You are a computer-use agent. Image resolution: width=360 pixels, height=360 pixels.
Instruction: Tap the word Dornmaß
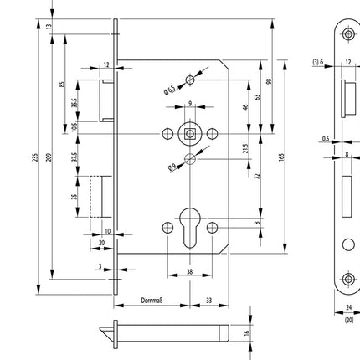[x=151, y=300]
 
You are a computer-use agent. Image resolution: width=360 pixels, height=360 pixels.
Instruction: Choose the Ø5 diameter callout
[x=172, y=165]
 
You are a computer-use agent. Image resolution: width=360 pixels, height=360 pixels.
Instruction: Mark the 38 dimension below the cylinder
[x=190, y=271]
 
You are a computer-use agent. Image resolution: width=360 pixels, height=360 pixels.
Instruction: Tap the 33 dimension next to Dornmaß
[x=207, y=300]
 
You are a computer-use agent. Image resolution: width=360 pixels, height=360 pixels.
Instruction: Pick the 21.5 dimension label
[x=244, y=148]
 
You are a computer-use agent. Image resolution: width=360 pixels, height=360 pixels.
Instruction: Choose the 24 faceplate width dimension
[x=348, y=307]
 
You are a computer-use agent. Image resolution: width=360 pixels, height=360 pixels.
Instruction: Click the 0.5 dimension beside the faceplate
[x=325, y=140]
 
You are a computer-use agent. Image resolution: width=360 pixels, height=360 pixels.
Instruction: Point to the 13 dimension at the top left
[x=49, y=27]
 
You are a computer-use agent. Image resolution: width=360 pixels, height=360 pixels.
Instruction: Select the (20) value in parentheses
[x=348, y=318]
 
